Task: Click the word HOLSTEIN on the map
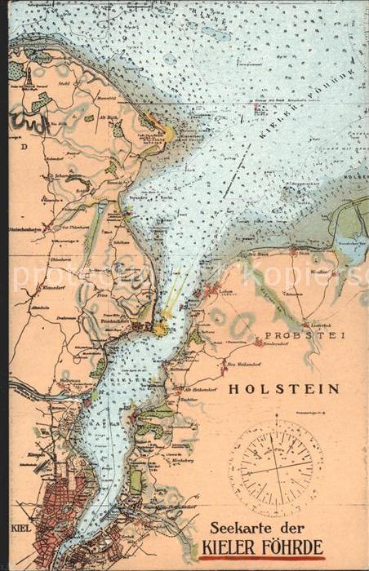tap(283, 389)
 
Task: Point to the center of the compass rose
tap(275, 468)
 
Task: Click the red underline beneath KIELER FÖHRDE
tap(262, 559)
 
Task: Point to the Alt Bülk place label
tap(106, 116)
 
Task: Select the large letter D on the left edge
tap(24, 147)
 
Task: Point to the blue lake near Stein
tap(351, 245)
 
